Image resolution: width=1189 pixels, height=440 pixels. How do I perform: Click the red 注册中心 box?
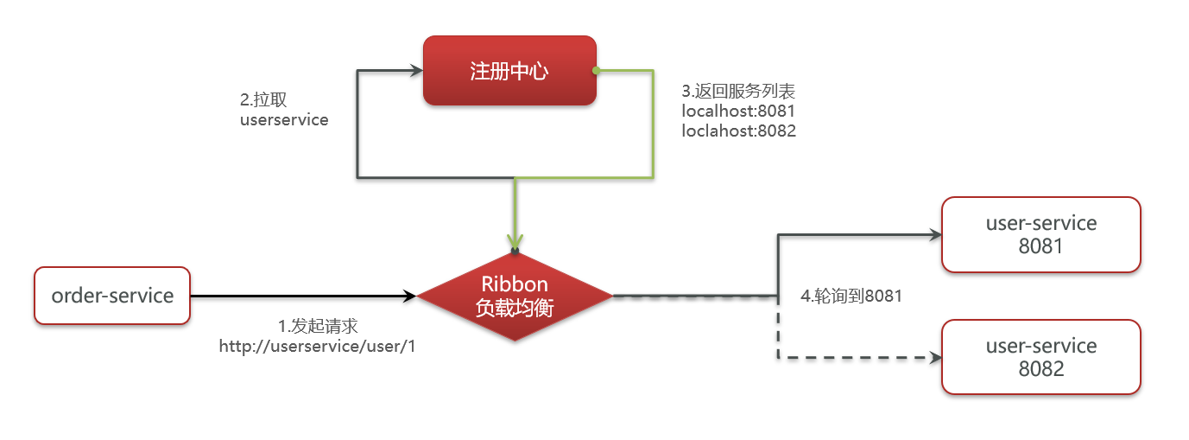click(509, 71)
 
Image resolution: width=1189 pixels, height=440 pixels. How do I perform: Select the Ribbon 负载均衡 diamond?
click(515, 297)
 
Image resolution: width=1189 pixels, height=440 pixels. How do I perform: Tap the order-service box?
click(112, 296)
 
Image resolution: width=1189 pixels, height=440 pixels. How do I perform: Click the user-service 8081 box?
click(1040, 234)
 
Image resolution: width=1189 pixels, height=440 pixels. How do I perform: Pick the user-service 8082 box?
click(1040, 357)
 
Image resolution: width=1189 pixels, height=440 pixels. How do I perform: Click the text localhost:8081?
click(738, 111)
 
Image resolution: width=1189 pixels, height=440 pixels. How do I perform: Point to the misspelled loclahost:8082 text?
click(738, 131)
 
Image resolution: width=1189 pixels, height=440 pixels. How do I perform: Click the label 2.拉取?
click(264, 99)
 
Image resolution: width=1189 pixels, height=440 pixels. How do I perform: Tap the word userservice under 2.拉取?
click(284, 120)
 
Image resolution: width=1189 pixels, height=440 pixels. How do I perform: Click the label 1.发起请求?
click(318, 326)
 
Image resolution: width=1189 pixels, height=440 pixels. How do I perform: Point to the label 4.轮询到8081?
click(851, 296)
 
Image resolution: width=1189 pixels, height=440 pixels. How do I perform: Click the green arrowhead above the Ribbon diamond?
click(515, 243)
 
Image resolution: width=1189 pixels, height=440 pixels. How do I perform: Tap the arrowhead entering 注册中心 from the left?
click(415, 72)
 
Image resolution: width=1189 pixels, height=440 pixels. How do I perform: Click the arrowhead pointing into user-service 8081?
click(933, 234)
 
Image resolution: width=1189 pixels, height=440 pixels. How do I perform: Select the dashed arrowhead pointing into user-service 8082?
click(933, 357)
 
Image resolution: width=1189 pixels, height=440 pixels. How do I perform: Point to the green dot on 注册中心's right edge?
click(596, 70)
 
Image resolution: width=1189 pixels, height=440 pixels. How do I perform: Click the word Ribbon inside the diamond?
click(515, 285)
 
